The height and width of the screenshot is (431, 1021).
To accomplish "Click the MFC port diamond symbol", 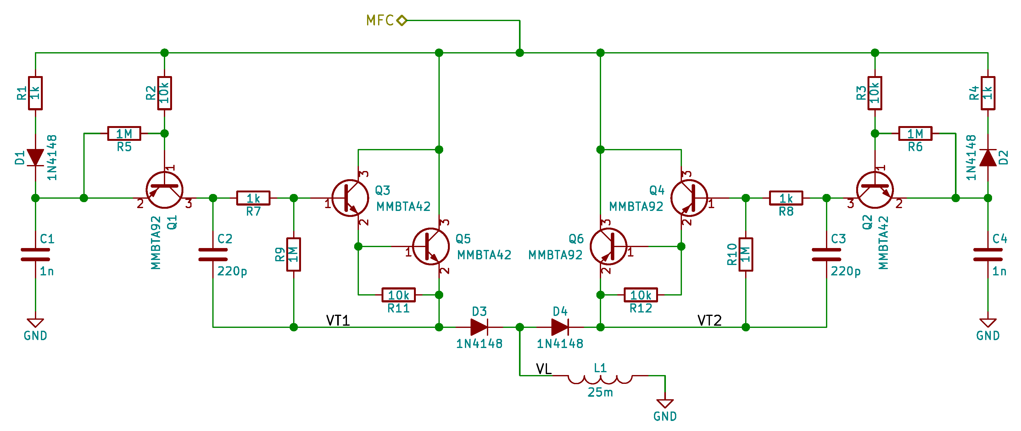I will (401, 20).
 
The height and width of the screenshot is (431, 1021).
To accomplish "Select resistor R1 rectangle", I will (35, 93).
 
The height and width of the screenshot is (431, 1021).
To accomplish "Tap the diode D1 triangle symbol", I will (35, 157).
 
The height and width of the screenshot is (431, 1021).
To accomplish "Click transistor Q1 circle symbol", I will (165, 190).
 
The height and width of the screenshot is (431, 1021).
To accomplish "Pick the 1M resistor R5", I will (124, 134).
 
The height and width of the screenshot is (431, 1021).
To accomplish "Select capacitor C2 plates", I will (213, 255).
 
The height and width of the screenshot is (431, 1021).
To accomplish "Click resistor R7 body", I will (253, 198).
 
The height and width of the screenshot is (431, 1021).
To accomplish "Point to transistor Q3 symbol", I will (350, 198).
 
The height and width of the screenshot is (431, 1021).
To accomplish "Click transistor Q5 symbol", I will (431, 246).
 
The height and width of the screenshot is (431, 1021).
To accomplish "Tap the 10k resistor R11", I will (398, 295).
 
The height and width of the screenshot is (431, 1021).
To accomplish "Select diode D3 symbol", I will (479, 327).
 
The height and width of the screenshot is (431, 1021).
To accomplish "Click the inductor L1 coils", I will (600, 379).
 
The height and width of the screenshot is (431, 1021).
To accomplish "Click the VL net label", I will (544, 369).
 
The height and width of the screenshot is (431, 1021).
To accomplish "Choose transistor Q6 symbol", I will (608, 246).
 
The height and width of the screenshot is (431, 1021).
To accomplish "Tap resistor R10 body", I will (745, 255).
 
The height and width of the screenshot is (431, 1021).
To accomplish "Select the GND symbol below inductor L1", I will (665, 404).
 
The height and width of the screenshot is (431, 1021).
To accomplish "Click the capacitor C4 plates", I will (988, 255).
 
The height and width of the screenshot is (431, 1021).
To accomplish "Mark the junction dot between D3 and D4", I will (520, 327).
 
